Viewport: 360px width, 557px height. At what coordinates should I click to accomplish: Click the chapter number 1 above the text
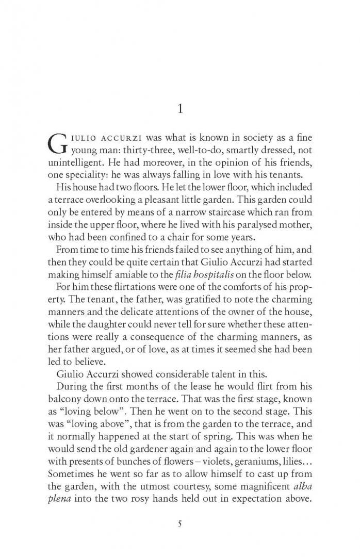coord(179,108)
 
